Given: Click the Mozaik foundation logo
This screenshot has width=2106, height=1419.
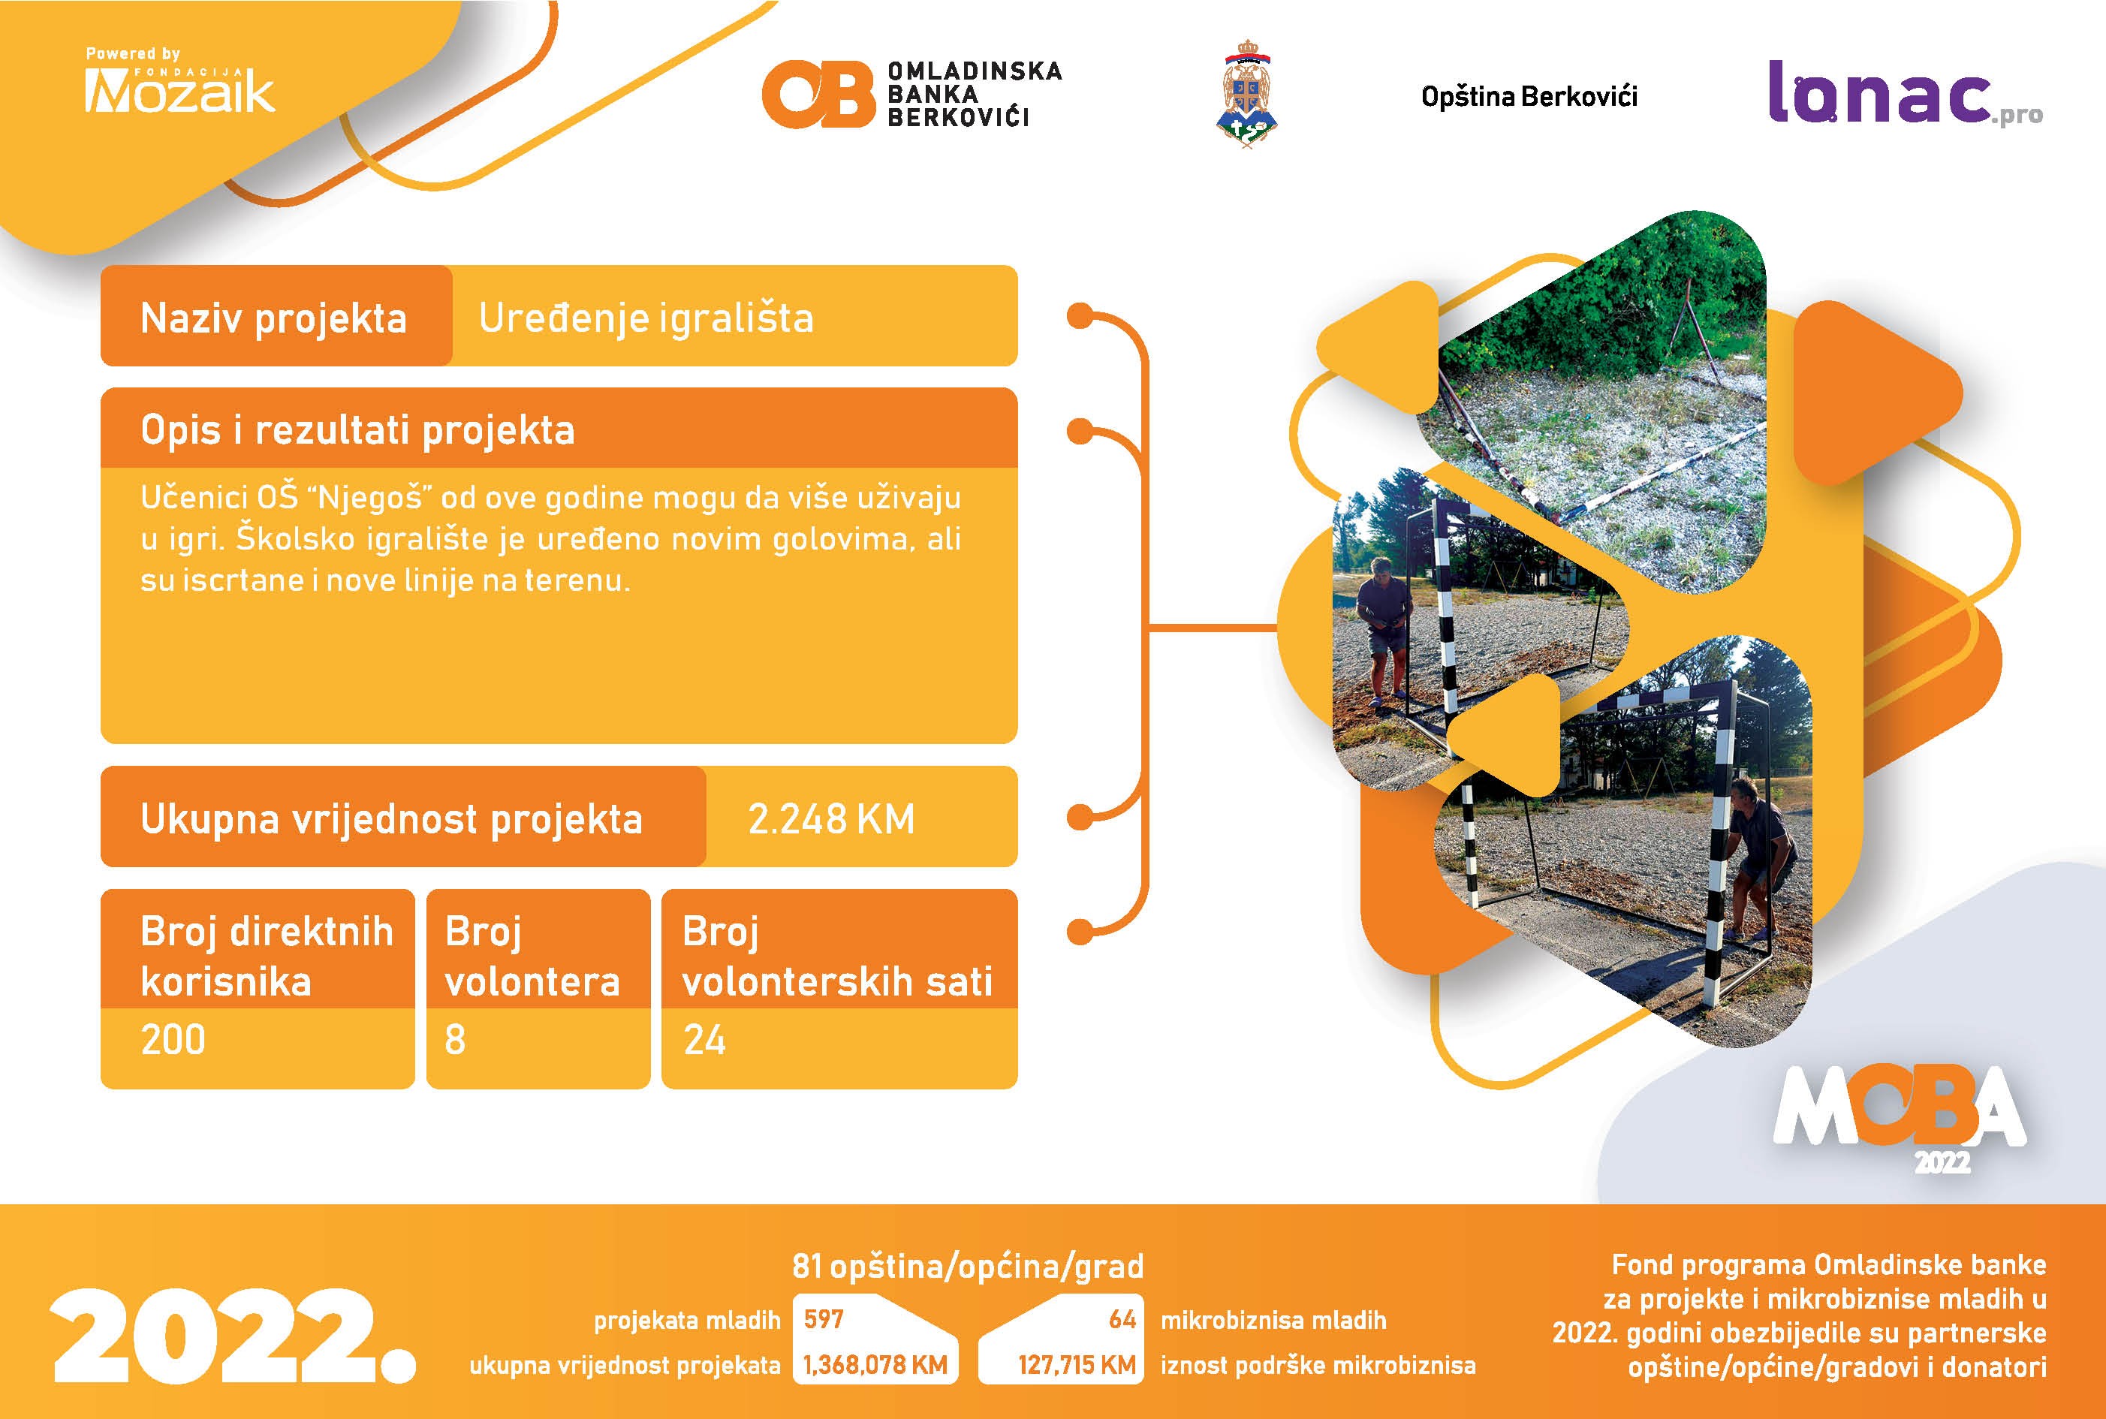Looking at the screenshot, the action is tap(179, 80).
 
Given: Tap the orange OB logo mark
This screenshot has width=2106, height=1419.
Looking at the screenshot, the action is tap(818, 94).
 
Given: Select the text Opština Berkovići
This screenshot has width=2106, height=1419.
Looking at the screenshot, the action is tap(1529, 97).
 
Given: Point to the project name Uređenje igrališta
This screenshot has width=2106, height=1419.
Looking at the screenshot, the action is tap(646, 318).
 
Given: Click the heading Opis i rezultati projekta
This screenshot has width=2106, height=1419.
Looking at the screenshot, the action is tap(357, 430).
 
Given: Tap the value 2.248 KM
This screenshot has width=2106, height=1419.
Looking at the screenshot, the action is tap(831, 819).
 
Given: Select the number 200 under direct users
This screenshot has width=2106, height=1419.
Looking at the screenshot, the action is tap(173, 1039).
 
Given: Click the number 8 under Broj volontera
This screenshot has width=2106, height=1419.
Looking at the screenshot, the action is tap(455, 1039).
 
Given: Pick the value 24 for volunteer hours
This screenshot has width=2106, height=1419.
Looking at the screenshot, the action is tap(704, 1039).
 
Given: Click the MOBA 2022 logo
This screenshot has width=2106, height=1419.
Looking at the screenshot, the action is tap(1900, 1118).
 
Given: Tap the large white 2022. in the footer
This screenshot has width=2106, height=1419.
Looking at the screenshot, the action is tap(233, 1335).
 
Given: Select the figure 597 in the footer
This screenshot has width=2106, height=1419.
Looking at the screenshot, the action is tap(824, 1318).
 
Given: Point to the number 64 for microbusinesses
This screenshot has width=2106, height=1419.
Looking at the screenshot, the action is tap(1122, 1318).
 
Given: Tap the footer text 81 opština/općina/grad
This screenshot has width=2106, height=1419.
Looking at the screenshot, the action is tap(968, 1266).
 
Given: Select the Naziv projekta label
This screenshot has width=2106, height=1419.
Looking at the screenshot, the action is tap(273, 318).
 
